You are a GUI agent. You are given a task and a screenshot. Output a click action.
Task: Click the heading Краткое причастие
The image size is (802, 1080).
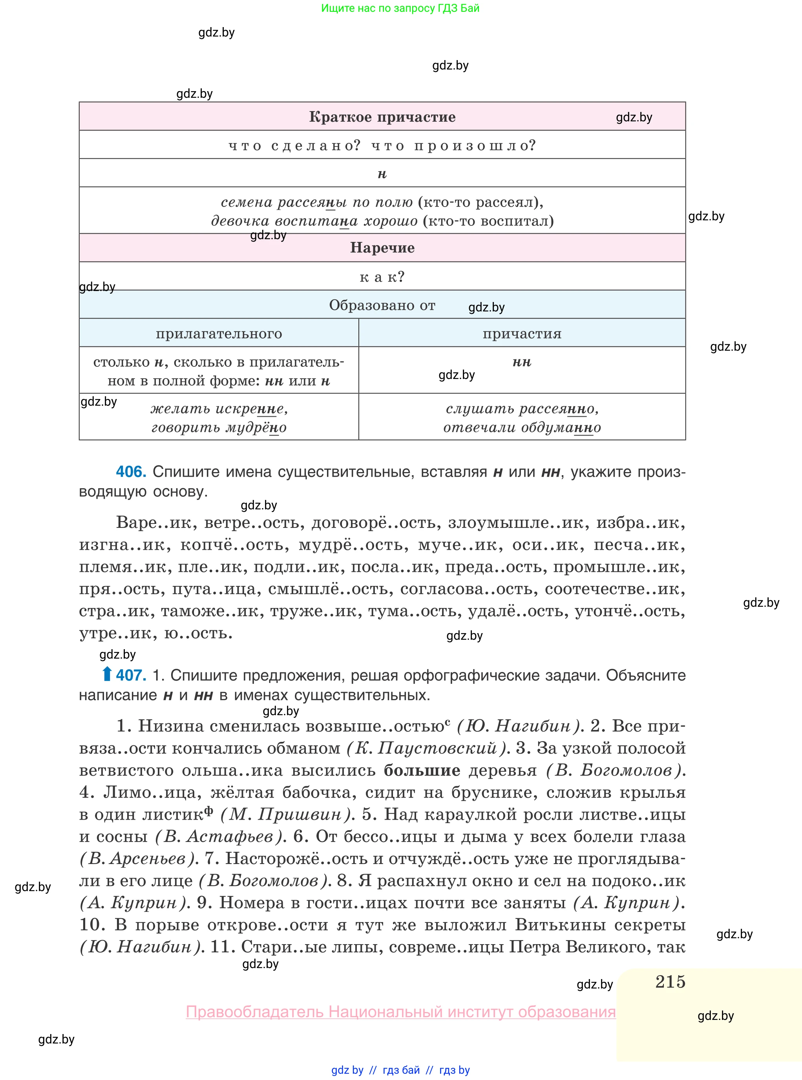(382, 117)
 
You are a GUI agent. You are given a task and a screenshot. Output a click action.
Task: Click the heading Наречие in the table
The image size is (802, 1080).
(382, 248)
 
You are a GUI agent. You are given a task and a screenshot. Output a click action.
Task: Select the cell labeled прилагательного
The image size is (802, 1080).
(219, 333)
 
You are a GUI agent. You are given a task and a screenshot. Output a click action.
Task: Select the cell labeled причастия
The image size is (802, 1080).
(522, 333)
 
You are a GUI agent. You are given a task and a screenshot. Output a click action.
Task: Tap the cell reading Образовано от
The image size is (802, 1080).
(382, 305)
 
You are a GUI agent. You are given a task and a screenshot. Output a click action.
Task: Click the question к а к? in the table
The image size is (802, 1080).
(382, 277)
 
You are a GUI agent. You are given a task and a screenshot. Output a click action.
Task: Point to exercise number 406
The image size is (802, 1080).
(131, 472)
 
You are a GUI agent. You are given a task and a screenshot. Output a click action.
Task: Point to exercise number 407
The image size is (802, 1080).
(131, 675)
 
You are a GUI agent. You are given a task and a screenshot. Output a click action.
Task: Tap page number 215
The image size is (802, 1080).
(670, 981)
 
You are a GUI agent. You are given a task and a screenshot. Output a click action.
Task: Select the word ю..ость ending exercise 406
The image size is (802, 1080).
(198, 633)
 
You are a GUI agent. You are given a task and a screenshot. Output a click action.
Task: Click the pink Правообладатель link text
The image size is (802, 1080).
(400, 1012)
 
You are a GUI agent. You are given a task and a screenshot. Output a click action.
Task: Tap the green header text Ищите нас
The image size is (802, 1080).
(400, 8)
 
